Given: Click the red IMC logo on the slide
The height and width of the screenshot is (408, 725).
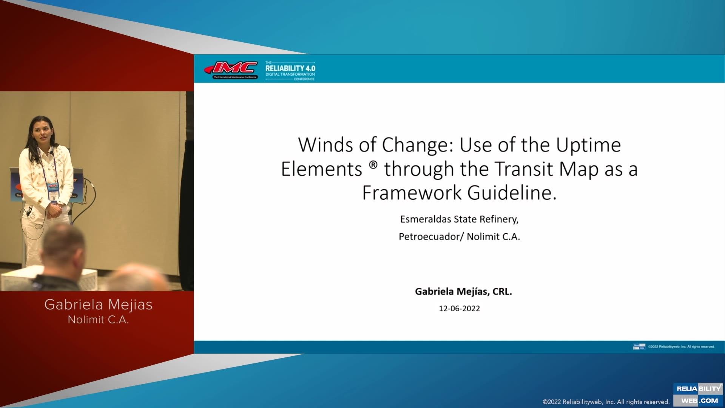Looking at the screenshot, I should pyautogui.click(x=231, y=69).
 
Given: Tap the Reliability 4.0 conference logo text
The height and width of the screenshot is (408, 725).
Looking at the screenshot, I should pyautogui.click(x=290, y=70).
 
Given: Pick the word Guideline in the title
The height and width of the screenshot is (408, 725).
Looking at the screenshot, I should pyautogui.click(x=512, y=193).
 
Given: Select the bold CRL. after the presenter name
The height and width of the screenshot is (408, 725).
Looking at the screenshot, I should pyautogui.click(x=502, y=292).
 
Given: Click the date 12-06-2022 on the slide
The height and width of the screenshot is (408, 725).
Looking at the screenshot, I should pyautogui.click(x=459, y=309).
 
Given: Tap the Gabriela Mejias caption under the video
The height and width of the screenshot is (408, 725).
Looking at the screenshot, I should pyautogui.click(x=98, y=304).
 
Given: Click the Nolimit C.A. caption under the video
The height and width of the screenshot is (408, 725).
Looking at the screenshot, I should pyautogui.click(x=98, y=320).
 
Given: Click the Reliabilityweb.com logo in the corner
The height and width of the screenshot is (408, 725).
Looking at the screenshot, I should pyautogui.click(x=698, y=395).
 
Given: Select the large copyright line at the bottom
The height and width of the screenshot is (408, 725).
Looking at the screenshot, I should pyautogui.click(x=606, y=402).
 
